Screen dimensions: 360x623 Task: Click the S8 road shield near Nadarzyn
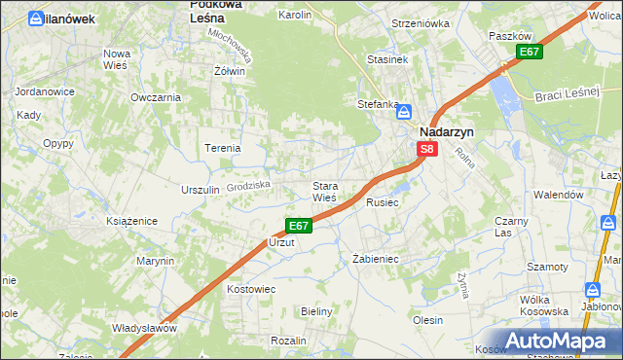coord(427,149)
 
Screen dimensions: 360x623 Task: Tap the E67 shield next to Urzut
coord(299,226)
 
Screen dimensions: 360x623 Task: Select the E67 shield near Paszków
coord(529,52)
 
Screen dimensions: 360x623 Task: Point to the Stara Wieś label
coord(323,192)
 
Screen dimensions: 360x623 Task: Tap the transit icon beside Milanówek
coord(36,18)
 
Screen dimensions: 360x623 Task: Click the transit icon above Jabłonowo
coord(592,289)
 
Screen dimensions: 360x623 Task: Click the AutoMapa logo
coord(554,341)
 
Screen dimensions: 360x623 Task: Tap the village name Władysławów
coord(144,328)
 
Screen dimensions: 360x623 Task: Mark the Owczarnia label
coord(156,97)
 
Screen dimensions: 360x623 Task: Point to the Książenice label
coord(132,222)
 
